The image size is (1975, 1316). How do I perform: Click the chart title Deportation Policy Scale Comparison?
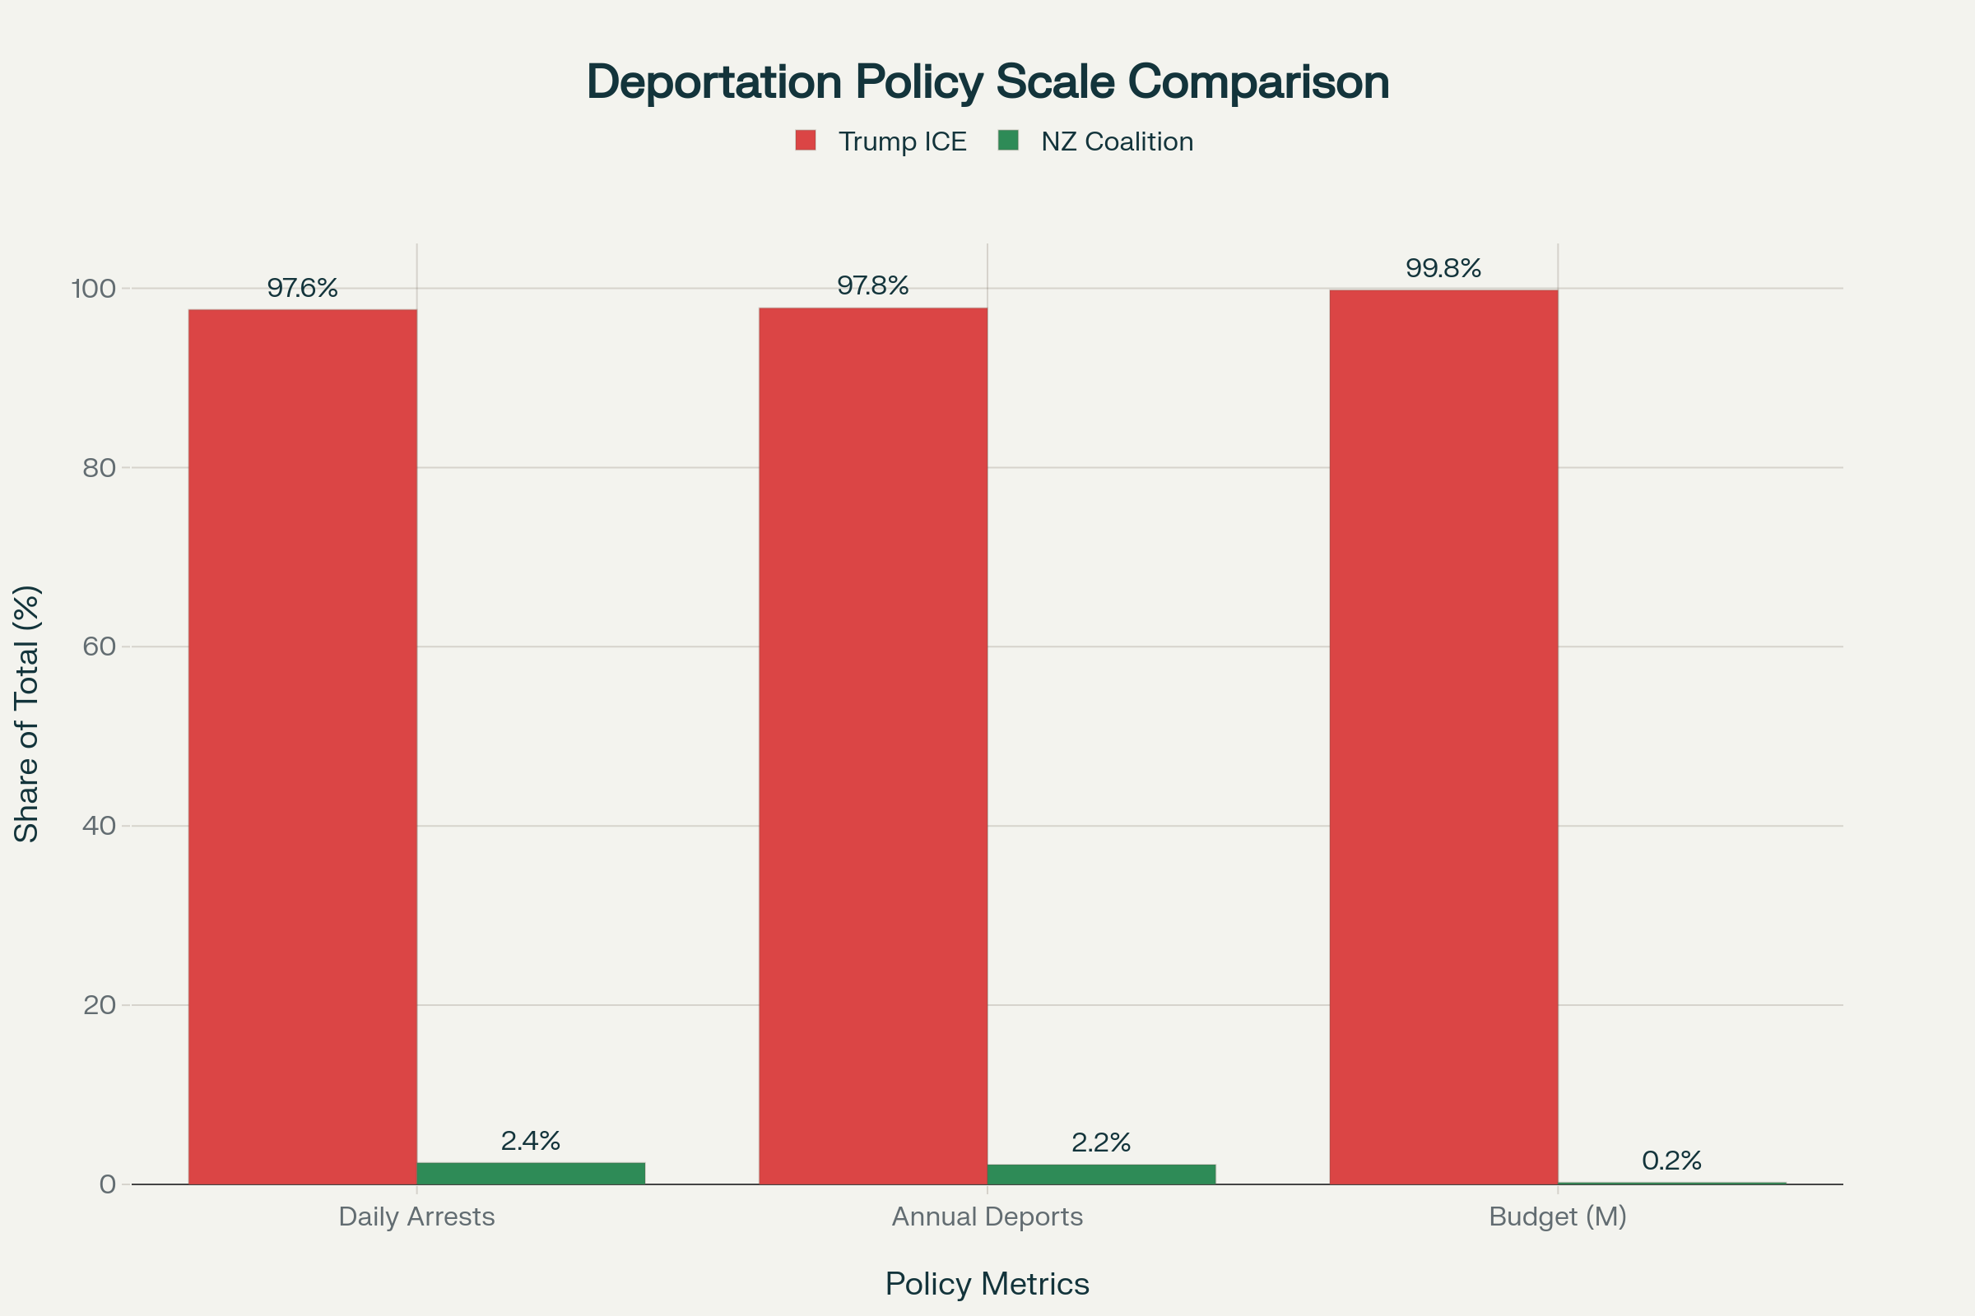(x=987, y=81)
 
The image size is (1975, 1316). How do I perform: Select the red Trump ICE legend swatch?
(x=806, y=140)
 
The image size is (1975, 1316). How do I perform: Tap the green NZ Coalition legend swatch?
(x=1007, y=140)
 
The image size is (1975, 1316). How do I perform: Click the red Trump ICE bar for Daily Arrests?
(x=302, y=747)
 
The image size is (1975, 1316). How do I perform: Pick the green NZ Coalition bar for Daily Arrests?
(x=531, y=1174)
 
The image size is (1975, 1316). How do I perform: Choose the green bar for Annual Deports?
(x=1101, y=1175)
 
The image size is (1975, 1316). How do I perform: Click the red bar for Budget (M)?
(x=1443, y=737)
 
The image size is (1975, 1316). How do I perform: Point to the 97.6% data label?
(x=302, y=288)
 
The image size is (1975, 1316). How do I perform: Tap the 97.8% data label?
(x=873, y=286)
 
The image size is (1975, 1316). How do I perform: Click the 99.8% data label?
(x=1443, y=269)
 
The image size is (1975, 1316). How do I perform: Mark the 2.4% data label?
(x=531, y=1141)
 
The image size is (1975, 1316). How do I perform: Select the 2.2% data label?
(x=1101, y=1142)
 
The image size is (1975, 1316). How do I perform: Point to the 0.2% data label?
(x=1671, y=1161)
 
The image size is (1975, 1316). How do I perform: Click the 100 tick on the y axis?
(x=93, y=289)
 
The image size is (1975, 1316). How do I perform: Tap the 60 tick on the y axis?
(x=99, y=646)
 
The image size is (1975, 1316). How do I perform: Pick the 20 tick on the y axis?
(x=99, y=1004)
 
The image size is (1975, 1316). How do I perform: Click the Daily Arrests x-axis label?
(x=416, y=1217)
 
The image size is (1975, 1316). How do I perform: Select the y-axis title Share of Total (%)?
(x=27, y=713)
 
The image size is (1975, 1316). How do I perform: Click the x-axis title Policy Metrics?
(x=987, y=1284)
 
